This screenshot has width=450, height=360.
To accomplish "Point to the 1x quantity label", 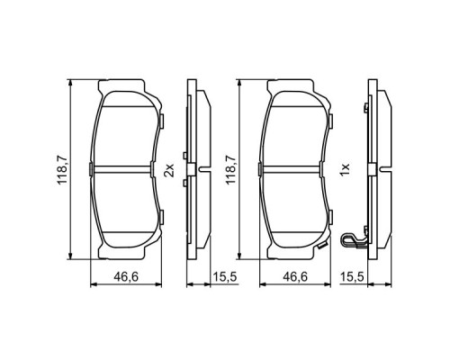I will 345,169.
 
